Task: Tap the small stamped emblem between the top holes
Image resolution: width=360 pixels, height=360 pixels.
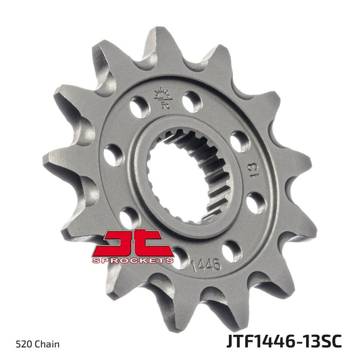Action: click(x=162, y=99)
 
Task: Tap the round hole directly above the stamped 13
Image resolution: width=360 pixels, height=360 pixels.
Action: click(x=239, y=141)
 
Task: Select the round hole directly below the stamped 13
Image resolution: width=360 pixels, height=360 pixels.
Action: click(x=256, y=202)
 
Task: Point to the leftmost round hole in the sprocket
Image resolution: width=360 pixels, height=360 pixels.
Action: click(x=113, y=155)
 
